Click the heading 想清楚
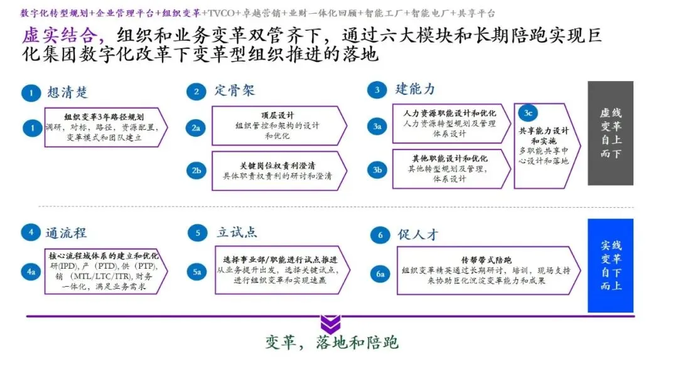[x=67, y=93]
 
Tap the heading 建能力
[x=414, y=89]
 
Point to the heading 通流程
[x=65, y=233]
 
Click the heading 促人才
[x=417, y=235]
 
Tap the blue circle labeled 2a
[x=196, y=128]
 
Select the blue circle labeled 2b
[x=196, y=170]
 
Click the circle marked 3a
[x=377, y=127]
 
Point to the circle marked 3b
[x=377, y=169]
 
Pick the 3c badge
[x=528, y=113]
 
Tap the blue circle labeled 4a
[x=31, y=272]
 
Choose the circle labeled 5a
[x=196, y=272]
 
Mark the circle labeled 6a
[x=380, y=274]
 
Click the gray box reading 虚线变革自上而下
[x=610, y=133]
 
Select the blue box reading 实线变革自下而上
[x=610, y=265]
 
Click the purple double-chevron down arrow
[x=330, y=325]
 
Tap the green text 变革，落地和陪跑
[x=331, y=342]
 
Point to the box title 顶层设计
[x=277, y=115]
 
